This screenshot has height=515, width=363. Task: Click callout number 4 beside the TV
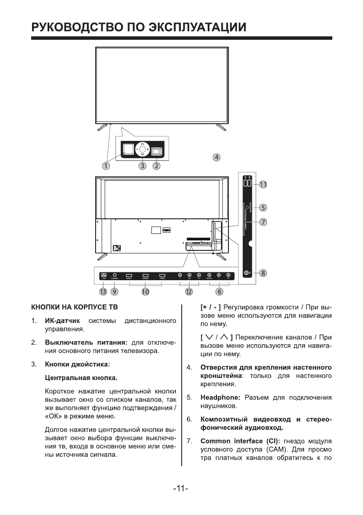[x=217, y=157]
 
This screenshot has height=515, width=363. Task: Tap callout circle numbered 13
[x=103, y=292]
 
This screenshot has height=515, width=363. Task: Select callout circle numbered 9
[x=114, y=292]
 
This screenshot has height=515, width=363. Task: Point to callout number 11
[x=263, y=184]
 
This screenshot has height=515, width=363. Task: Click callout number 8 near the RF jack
[x=263, y=273]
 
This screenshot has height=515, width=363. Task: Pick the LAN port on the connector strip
[x=103, y=275]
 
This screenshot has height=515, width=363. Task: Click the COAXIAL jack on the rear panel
[x=115, y=275]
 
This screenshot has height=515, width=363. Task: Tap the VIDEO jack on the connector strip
[x=209, y=275]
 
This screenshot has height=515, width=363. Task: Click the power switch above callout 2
[x=156, y=151]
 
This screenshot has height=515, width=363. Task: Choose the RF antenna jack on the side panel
[x=247, y=273]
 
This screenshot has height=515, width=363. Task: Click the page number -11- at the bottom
[x=180, y=489]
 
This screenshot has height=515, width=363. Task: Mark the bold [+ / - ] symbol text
[x=211, y=307]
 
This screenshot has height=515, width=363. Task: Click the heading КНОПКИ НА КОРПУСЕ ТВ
[x=72, y=307]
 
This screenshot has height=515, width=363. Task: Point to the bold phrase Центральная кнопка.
[x=80, y=378]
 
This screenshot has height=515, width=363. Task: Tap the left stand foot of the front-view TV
[x=103, y=126]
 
